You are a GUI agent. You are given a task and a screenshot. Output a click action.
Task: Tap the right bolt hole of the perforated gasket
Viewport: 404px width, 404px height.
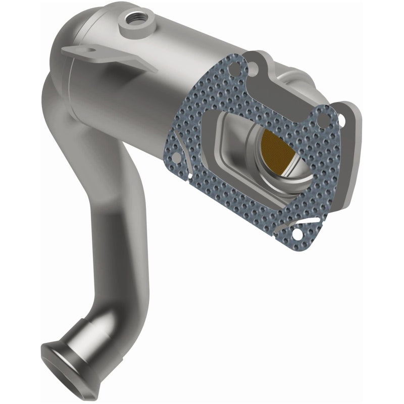320,120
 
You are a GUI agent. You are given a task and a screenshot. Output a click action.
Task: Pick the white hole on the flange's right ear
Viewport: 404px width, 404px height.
342,119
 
